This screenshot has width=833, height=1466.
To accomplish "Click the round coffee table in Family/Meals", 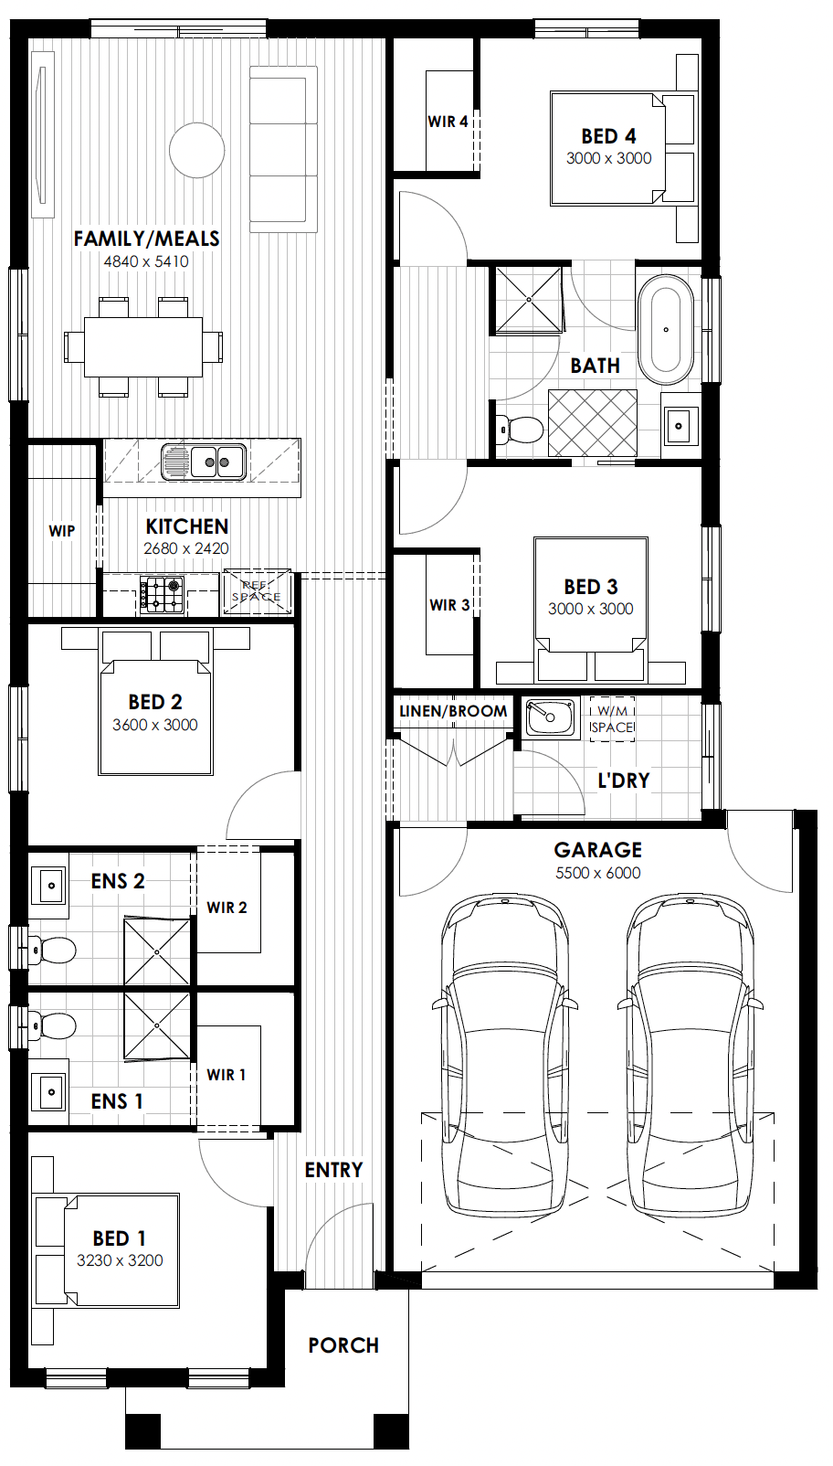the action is click(x=196, y=150).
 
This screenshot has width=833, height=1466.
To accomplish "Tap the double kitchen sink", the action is click(x=204, y=462).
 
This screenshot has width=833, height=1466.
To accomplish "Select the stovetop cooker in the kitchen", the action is click(x=161, y=594).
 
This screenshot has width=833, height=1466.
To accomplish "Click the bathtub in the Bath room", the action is click(x=666, y=330).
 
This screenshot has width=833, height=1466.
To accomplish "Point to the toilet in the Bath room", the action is click(x=520, y=430).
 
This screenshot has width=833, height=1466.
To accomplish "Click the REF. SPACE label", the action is click(x=257, y=591).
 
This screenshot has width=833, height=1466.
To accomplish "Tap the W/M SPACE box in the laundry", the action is click(x=612, y=719).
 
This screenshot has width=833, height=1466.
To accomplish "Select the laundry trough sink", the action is click(x=551, y=717).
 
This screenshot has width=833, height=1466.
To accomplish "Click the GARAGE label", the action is click(x=597, y=849).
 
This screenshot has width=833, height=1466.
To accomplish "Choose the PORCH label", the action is click(x=343, y=1345).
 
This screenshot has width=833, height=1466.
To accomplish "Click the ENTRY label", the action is click(x=333, y=1170).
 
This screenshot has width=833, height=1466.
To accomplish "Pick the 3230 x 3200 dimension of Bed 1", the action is click(x=120, y=1259).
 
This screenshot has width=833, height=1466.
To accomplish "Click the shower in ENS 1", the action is click(x=157, y=1026).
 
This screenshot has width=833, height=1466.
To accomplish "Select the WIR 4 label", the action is click(x=448, y=121).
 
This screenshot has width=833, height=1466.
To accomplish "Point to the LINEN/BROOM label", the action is click(x=453, y=711).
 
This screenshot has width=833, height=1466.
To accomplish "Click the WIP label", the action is click(x=62, y=531).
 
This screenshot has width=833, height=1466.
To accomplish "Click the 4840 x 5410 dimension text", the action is click(x=146, y=261).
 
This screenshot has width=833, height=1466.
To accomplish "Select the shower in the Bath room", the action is click(x=528, y=299).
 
